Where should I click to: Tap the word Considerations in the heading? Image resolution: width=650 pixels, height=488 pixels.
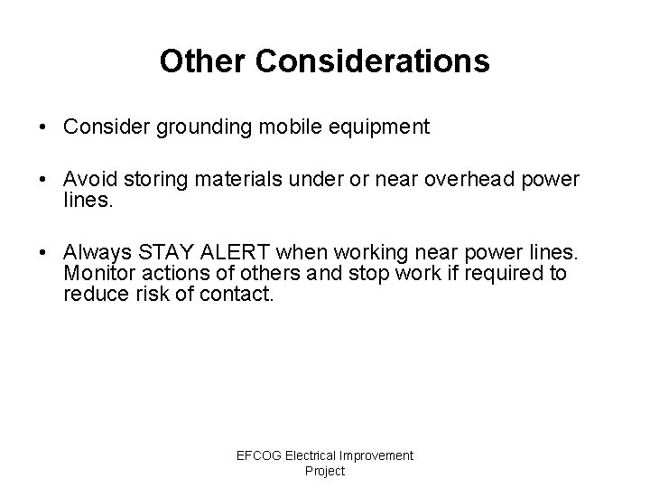(373, 61)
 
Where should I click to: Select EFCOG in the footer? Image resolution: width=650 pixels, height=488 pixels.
(259, 455)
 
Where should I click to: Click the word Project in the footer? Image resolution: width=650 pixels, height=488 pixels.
(325, 471)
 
